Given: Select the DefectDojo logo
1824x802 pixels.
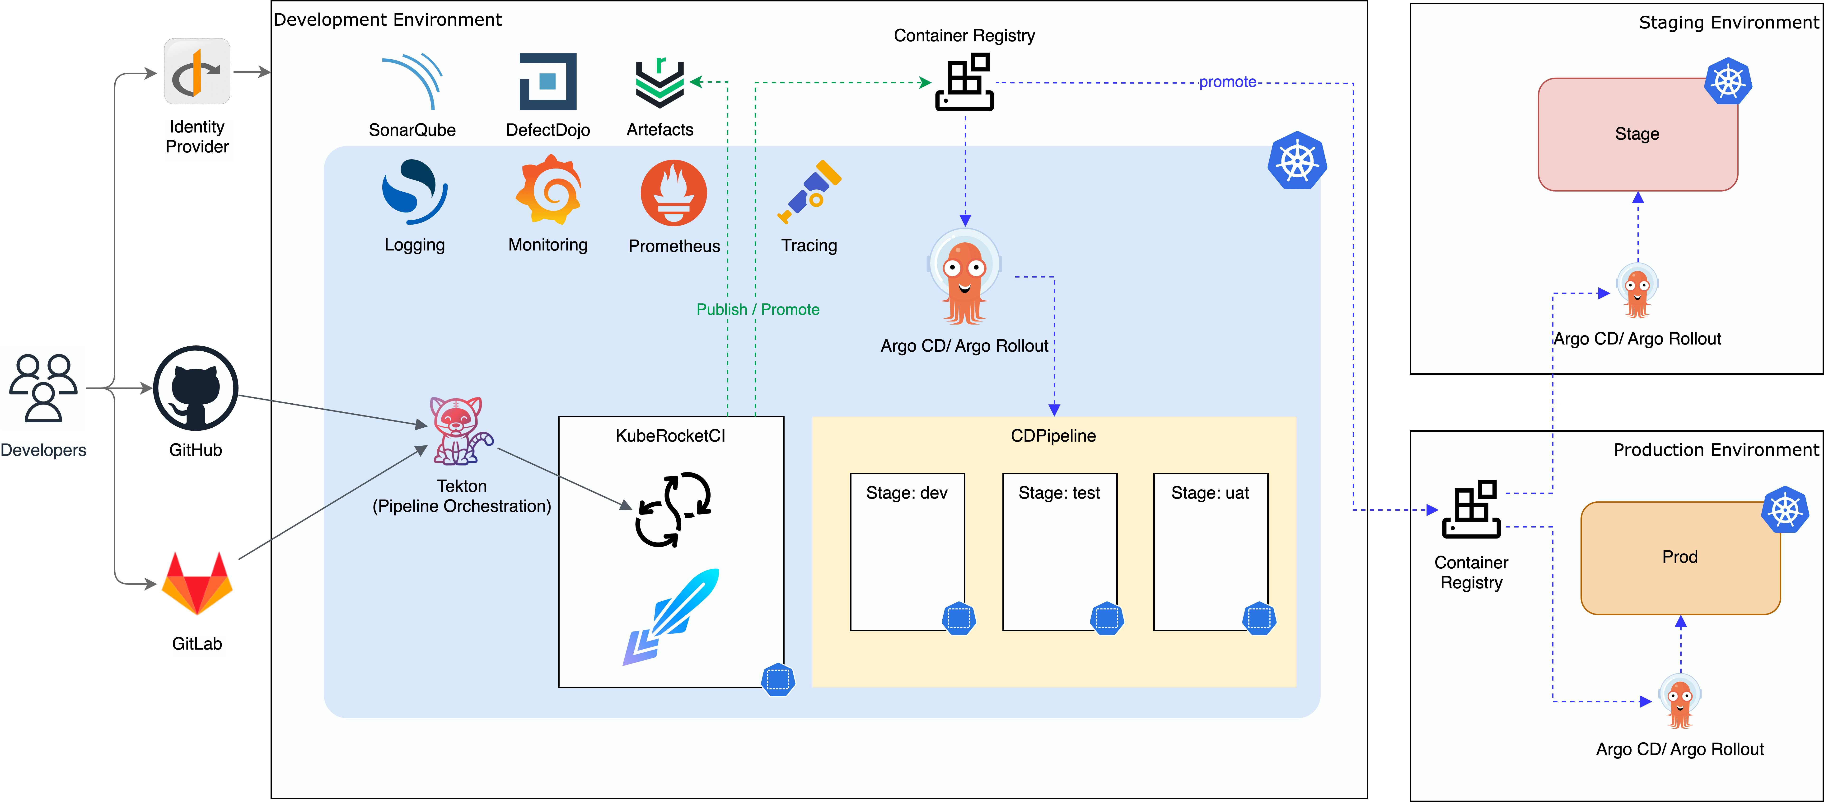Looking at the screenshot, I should [547, 81].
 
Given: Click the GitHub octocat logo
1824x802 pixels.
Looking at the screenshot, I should [196, 388].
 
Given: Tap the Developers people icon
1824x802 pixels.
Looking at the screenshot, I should [43, 388].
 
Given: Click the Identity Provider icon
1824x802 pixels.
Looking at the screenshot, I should [197, 71].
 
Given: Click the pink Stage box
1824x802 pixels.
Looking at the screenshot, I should [1637, 135].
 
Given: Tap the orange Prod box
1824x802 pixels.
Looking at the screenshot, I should [1679, 557].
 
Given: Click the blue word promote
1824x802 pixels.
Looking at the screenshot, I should [1227, 82].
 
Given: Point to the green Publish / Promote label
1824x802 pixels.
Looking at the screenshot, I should [758, 310].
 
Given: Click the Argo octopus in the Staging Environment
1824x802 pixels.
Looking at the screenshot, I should [1637, 290].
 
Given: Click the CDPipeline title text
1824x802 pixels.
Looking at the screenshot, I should [1053, 436].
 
